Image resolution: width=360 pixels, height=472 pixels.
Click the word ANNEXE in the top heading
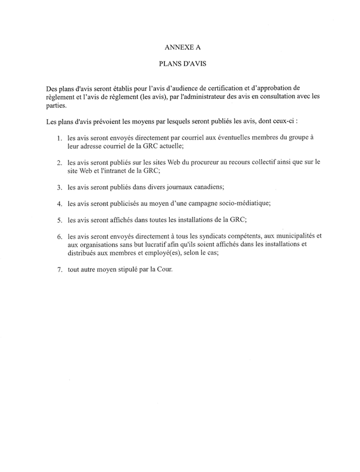click(176, 44)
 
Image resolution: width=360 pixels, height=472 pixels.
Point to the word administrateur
click(199, 97)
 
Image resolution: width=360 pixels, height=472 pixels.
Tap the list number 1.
click(59, 138)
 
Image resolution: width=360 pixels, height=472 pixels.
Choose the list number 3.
click(59, 188)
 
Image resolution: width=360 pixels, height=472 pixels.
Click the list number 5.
click(59, 221)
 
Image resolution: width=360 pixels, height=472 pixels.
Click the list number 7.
click(59, 271)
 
